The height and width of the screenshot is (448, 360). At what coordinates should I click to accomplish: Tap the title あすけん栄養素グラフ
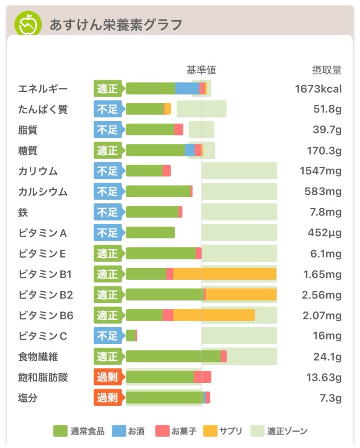tap(115, 24)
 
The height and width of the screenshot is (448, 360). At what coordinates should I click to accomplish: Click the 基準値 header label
tap(201, 70)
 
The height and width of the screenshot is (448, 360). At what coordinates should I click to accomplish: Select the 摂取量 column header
tap(326, 70)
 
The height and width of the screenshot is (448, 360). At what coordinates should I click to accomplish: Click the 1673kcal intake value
tap(318, 89)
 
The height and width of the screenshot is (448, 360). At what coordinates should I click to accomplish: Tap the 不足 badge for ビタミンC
tap(108, 336)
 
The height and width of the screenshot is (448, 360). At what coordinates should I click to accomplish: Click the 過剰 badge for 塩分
tap(108, 398)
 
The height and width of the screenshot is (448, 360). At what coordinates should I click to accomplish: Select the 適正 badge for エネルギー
tap(108, 89)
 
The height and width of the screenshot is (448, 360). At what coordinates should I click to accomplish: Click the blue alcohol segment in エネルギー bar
tap(187, 89)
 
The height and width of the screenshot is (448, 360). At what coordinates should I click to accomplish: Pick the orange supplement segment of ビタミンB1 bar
tap(224, 274)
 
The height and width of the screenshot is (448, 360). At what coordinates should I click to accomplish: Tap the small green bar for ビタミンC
tap(131, 336)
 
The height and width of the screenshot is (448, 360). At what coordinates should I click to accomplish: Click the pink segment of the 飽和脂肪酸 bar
tap(203, 377)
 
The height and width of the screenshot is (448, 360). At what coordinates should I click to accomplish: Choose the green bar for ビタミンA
tap(150, 233)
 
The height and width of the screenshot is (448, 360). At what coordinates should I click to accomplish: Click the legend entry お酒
tap(129, 431)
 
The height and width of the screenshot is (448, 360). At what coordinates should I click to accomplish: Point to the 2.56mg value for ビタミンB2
tap(322, 295)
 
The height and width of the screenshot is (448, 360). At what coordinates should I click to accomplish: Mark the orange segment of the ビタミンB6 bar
tap(214, 315)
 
